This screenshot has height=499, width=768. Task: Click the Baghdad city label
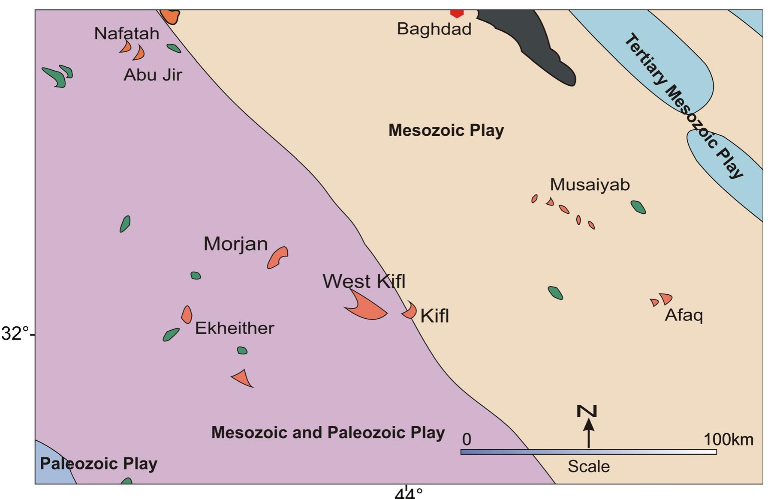click(x=434, y=29)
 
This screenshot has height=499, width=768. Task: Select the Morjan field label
click(x=235, y=244)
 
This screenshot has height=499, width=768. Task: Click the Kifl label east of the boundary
click(x=434, y=316)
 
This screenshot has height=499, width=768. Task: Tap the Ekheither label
click(x=235, y=328)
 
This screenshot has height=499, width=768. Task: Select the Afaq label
click(x=684, y=315)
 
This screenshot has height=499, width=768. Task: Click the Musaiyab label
click(x=590, y=185)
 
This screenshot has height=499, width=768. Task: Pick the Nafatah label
click(x=126, y=33)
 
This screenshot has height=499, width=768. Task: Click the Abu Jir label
click(x=153, y=75)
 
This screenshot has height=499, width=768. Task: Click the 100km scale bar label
click(x=728, y=439)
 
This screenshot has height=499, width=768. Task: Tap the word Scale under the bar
click(x=588, y=466)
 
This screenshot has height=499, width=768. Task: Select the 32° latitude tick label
click(x=15, y=334)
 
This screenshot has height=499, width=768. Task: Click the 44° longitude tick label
click(x=408, y=493)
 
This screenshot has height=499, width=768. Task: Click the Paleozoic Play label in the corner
click(x=99, y=464)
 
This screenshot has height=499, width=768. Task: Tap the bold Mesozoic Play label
click(x=446, y=130)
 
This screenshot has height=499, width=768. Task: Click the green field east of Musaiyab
click(x=638, y=207)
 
